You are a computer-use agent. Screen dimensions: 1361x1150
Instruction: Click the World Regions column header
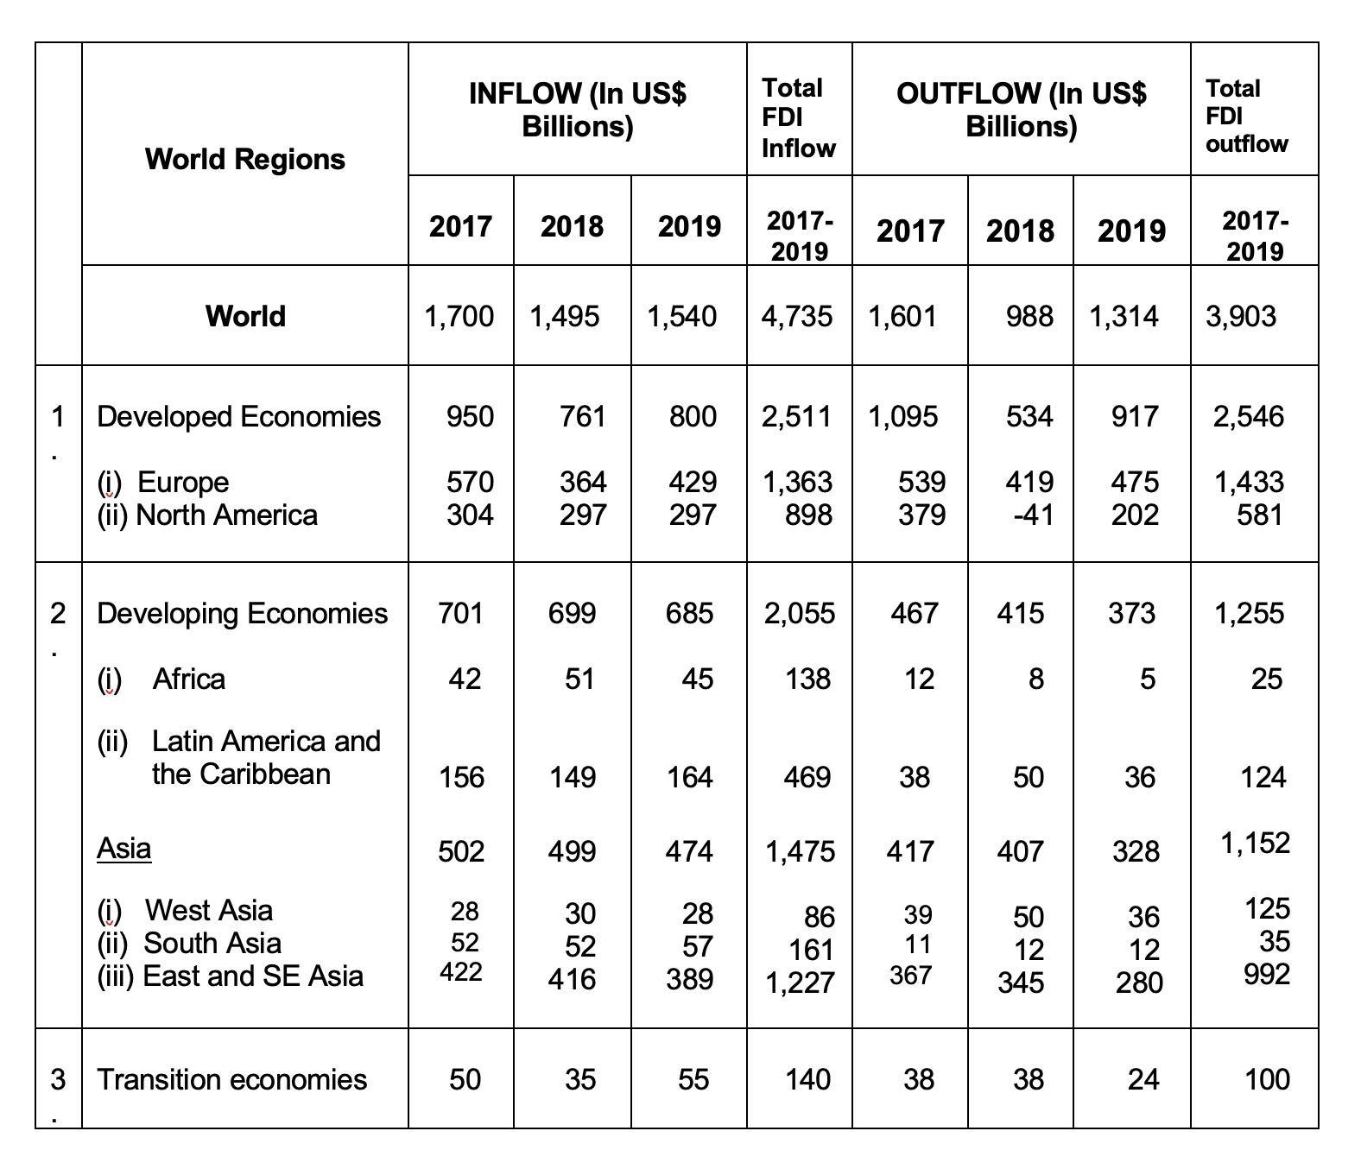point(245,160)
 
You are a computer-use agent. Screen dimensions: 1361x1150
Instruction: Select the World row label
point(245,316)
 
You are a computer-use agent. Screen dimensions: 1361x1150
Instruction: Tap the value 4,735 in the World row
point(797,317)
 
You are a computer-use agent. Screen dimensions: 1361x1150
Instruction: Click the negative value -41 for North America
point(1033,515)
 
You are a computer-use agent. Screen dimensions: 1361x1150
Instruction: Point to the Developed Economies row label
point(239,417)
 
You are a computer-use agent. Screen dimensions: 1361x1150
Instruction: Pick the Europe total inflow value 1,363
point(797,483)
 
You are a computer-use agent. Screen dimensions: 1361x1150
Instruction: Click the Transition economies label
point(231,1079)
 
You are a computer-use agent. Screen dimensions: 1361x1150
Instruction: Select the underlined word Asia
point(123,848)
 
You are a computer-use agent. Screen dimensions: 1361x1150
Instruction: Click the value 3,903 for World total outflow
point(1240,317)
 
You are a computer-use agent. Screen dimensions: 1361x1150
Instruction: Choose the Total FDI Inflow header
point(798,118)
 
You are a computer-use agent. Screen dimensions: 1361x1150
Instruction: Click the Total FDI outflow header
point(1246,116)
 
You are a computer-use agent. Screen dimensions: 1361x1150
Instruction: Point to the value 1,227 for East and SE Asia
point(800,983)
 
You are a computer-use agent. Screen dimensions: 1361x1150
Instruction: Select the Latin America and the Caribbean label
point(239,758)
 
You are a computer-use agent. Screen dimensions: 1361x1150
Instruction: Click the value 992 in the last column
point(1267,974)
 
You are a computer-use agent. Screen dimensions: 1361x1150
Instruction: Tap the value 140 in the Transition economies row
point(808,1079)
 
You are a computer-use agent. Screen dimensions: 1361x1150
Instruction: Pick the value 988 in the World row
point(1029,317)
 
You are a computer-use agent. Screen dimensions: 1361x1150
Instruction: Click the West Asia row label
point(185,911)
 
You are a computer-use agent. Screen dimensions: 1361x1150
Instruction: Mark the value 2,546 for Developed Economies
point(1249,417)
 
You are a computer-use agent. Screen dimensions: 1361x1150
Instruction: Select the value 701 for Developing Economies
point(460,614)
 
